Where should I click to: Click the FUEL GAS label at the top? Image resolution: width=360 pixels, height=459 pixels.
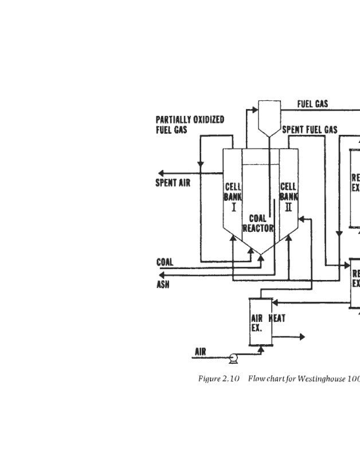(312, 104)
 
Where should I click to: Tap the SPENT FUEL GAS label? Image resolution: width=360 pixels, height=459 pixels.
(310, 130)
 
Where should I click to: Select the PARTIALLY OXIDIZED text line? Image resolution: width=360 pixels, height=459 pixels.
(190, 120)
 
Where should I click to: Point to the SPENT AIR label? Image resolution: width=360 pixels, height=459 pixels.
(173, 184)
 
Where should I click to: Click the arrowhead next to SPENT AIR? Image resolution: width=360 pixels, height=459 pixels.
(162, 173)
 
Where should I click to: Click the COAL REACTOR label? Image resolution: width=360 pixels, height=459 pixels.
(258, 223)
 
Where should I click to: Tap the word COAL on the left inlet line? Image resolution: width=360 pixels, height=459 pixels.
(165, 262)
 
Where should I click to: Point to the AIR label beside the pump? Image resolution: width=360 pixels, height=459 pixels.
(200, 352)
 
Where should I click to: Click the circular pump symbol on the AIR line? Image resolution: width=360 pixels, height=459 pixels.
(233, 359)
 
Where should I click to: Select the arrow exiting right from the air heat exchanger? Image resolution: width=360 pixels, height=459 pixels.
(301, 337)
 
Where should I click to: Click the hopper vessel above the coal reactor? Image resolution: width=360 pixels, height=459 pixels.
(268, 116)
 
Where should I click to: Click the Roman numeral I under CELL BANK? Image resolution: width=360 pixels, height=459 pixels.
(233, 207)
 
